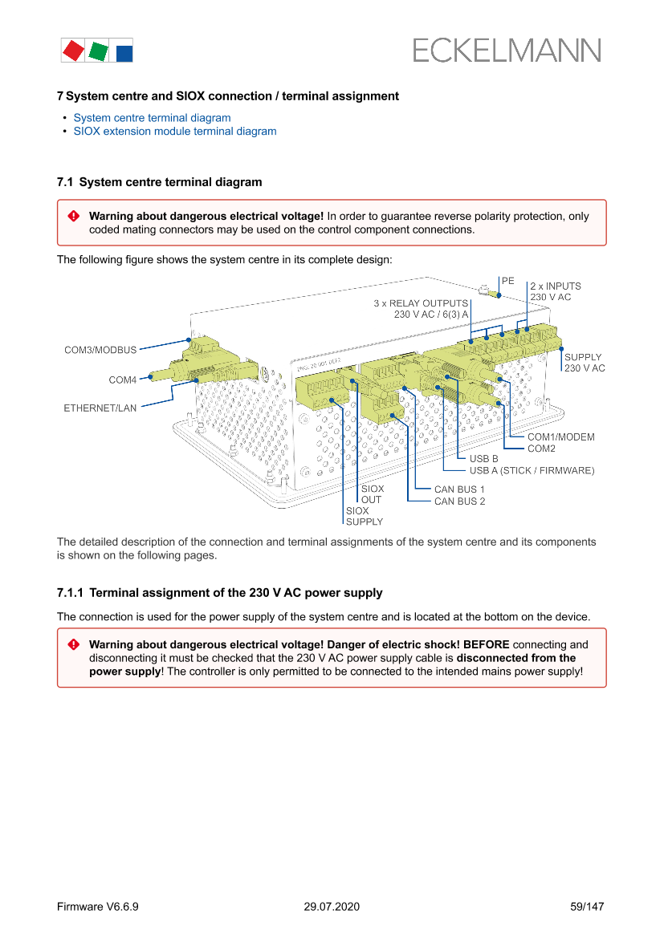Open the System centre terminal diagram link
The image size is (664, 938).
click(x=152, y=118)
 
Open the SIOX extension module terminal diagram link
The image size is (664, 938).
click(x=174, y=132)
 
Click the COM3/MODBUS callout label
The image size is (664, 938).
click(x=100, y=350)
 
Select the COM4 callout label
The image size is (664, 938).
click(x=123, y=379)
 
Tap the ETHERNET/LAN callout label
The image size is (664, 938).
click(x=100, y=408)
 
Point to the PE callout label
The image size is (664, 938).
click(x=507, y=282)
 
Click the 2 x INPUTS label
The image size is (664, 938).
click(x=555, y=286)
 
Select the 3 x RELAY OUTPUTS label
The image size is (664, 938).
click(x=421, y=304)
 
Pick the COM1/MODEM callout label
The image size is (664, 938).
click(x=561, y=437)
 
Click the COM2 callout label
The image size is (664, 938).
click(x=542, y=449)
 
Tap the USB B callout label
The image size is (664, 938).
click(x=484, y=459)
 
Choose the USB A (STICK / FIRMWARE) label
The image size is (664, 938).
click(x=532, y=470)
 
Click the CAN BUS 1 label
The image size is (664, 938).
click(x=459, y=489)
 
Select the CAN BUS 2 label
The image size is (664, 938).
click(x=459, y=501)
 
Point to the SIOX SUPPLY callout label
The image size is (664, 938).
click(x=364, y=516)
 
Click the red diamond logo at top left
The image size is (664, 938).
click(x=73, y=51)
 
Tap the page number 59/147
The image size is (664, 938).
click(x=586, y=907)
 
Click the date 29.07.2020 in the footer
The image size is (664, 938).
click(x=332, y=907)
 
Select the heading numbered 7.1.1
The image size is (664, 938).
click(x=219, y=593)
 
